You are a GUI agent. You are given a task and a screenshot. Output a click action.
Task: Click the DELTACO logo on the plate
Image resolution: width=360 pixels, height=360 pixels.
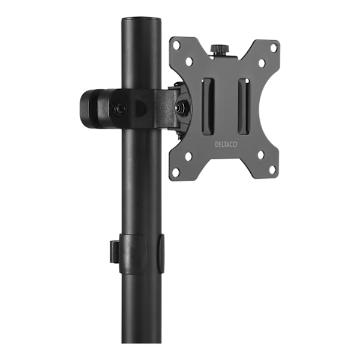click(226, 145)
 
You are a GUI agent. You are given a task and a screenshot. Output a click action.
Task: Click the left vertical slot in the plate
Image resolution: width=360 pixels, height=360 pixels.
click(208, 107)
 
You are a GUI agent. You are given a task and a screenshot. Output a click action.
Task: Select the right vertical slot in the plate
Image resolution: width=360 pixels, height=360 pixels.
click(244, 107)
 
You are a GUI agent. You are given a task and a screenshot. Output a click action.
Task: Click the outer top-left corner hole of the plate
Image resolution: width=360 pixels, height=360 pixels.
click(176, 45)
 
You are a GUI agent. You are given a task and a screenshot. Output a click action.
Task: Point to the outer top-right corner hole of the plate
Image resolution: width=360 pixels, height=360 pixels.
click(274, 47)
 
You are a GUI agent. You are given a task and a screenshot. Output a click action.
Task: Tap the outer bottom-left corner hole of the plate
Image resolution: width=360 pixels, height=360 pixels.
click(176, 172)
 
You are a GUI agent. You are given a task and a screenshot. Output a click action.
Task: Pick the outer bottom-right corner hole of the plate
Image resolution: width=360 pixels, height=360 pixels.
click(272, 170)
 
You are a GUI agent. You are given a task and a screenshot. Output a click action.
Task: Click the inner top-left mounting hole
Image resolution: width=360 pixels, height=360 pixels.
click(189, 61)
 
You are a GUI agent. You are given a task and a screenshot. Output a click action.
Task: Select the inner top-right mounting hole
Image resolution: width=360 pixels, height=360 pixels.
click(262, 62)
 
